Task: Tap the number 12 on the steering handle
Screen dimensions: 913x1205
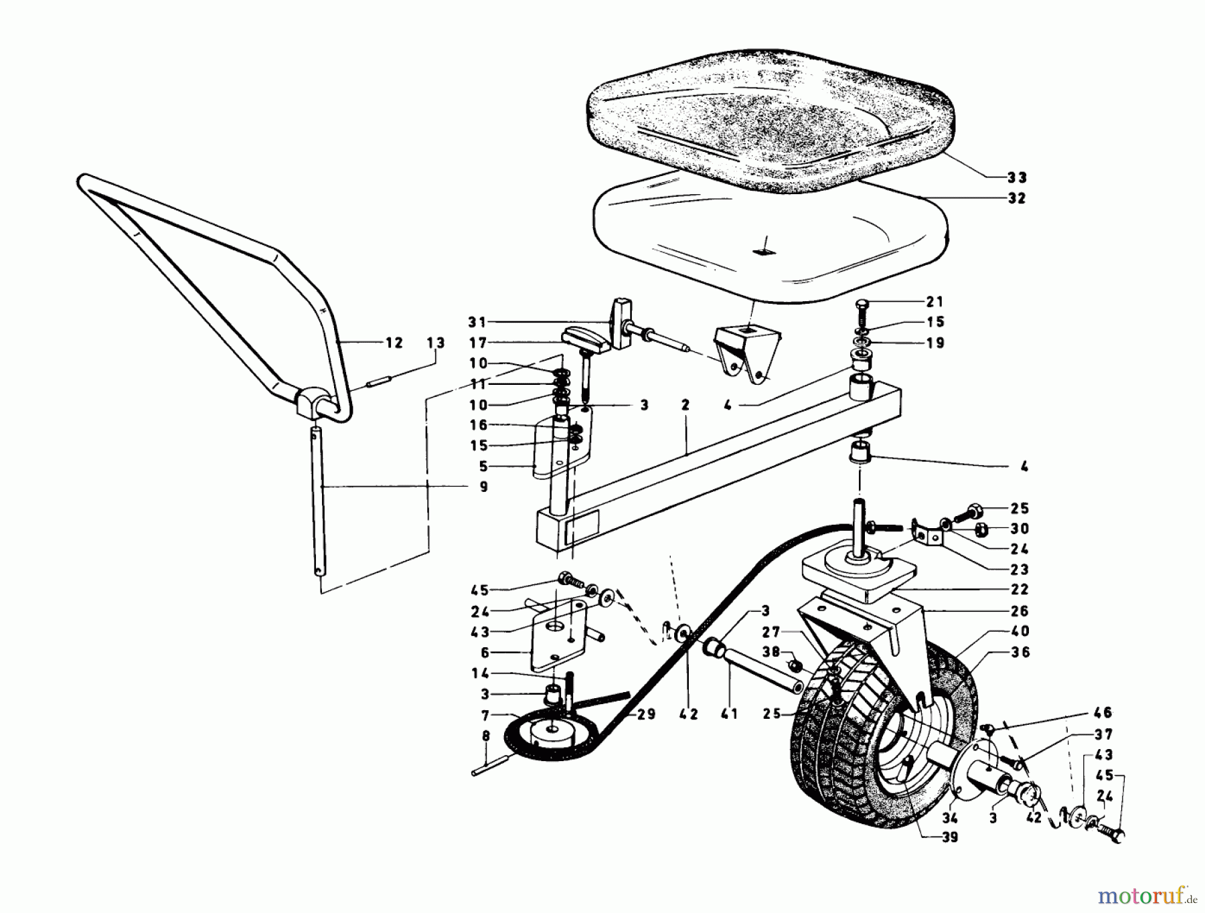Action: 394,343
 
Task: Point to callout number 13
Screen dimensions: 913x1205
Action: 435,343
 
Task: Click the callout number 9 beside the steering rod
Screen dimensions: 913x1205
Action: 483,487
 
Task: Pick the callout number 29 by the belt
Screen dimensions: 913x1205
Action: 646,715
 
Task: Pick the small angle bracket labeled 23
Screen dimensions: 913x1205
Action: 927,535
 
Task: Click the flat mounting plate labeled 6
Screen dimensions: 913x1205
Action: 554,636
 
